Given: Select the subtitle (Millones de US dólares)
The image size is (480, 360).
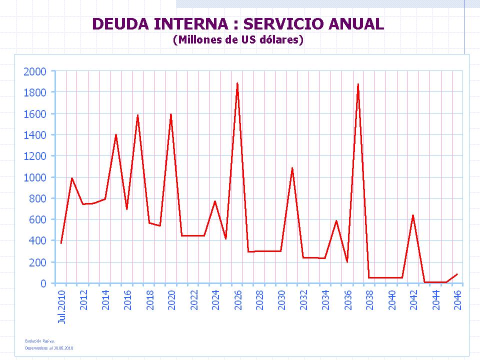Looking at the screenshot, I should (x=238, y=40).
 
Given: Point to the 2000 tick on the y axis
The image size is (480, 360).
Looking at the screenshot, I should (x=35, y=71).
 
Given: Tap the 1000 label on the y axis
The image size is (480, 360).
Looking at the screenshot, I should (x=35, y=177).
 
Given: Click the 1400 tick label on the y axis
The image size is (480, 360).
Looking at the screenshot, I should (x=35, y=135).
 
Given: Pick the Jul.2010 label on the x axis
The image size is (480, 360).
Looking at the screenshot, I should (x=62, y=306).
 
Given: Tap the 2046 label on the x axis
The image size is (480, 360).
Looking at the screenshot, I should (x=457, y=299).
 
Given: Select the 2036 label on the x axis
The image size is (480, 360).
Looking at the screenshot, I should (x=347, y=299).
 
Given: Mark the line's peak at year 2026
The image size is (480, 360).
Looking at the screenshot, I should (x=237, y=83).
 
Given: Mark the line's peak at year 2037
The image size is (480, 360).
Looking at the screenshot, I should (x=358, y=84).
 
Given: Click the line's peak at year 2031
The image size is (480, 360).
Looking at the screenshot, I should (x=292, y=168).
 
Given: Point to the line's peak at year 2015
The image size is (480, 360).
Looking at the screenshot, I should (x=116, y=135).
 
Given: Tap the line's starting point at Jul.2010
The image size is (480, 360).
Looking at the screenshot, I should (x=61, y=243).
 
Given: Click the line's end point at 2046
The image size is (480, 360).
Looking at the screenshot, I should (x=457, y=274).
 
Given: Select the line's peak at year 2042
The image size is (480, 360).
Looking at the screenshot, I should (x=413, y=215).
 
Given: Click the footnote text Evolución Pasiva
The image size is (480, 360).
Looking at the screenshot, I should (x=39, y=341).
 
